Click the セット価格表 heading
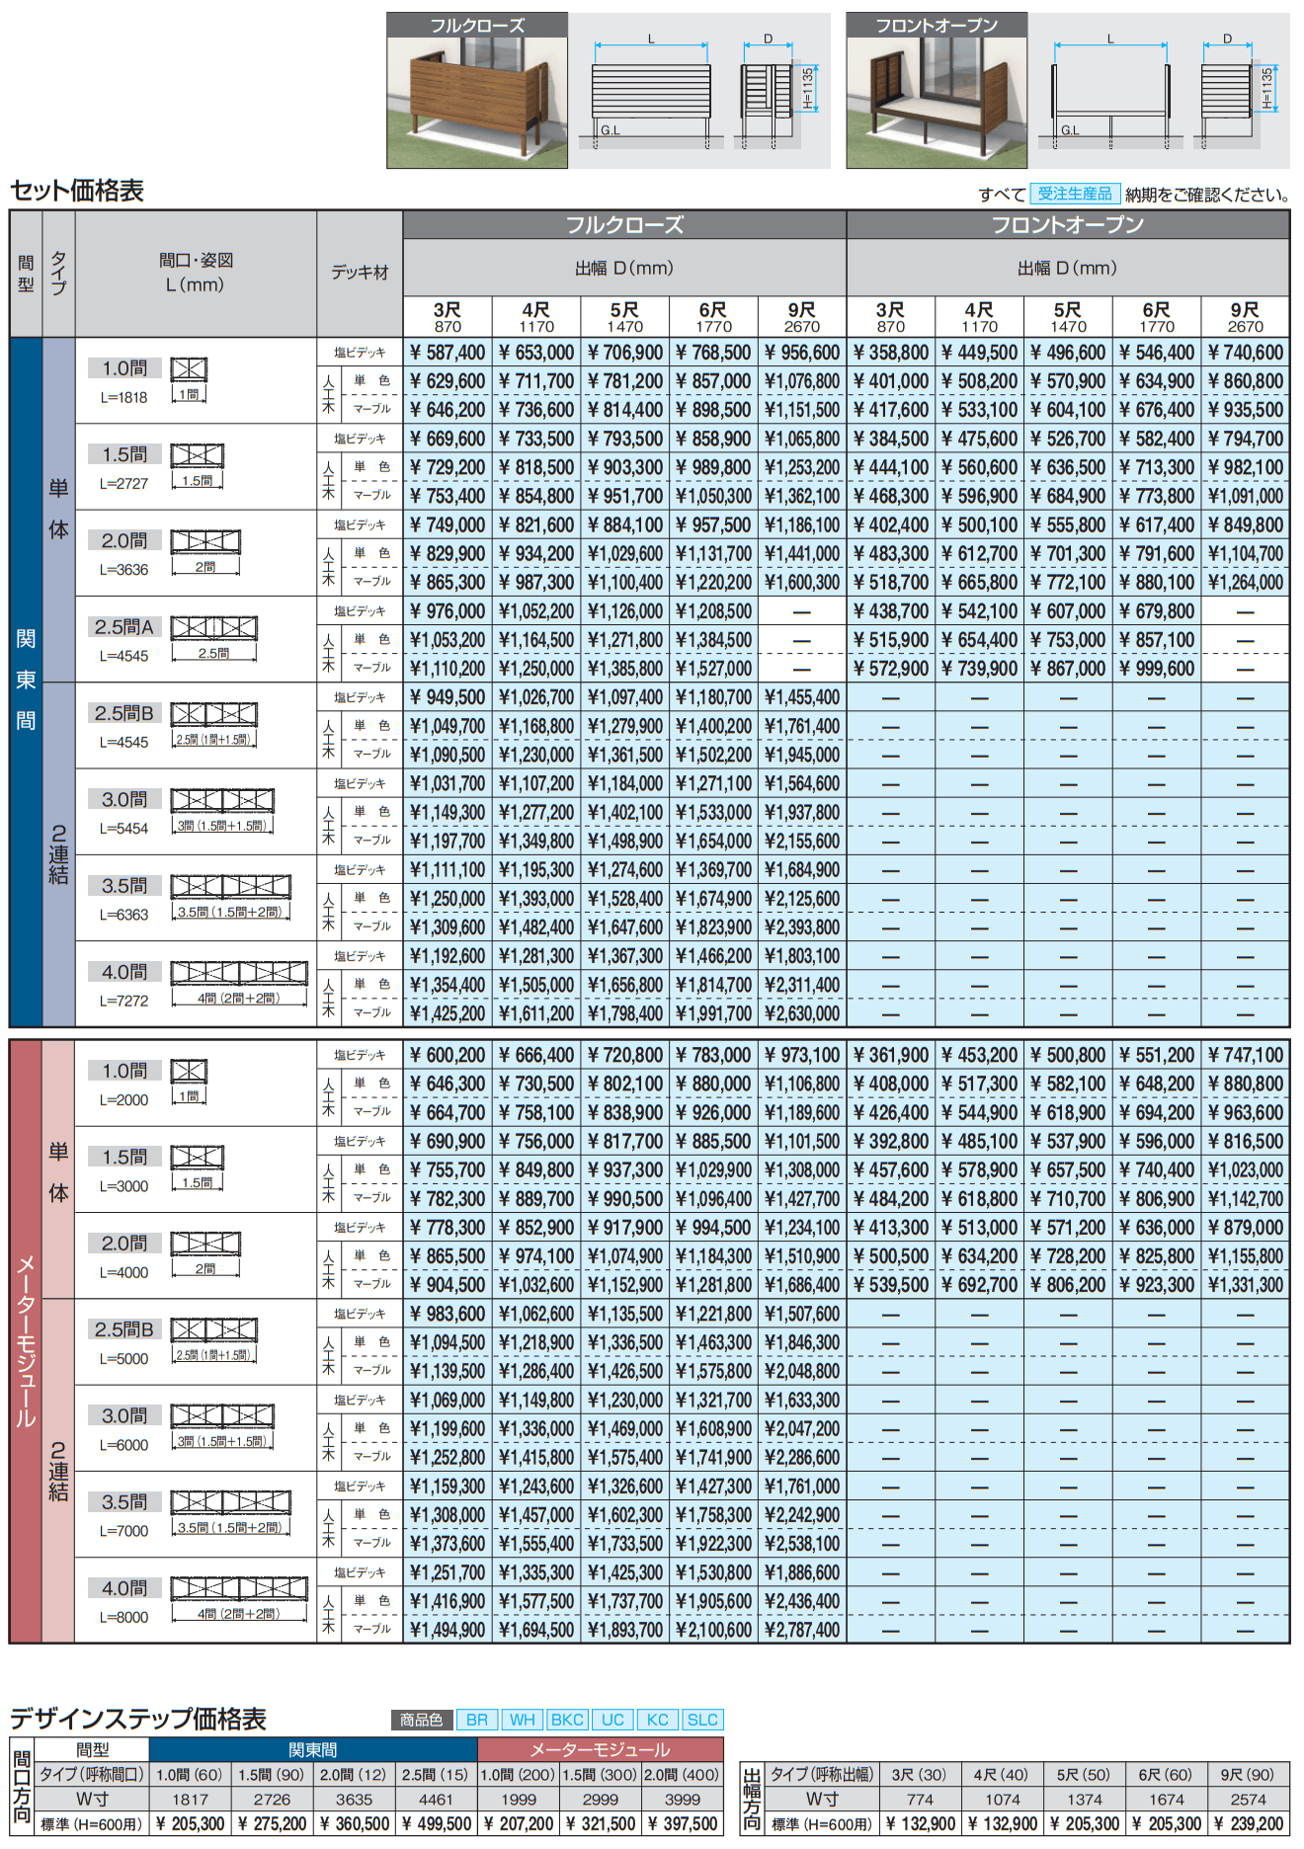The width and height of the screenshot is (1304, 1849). click(x=77, y=191)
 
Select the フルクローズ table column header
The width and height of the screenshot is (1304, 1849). click(x=624, y=225)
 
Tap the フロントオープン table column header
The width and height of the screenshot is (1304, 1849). click(x=1067, y=225)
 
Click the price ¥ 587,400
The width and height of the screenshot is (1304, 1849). click(x=447, y=353)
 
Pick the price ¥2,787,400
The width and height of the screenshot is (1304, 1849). click(x=801, y=1629)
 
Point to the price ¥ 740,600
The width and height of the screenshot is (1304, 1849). click(x=1245, y=353)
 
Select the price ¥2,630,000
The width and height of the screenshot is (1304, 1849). click(x=801, y=1013)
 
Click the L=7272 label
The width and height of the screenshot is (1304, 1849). click(x=123, y=1001)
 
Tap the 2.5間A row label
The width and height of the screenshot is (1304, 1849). click(x=123, y=627)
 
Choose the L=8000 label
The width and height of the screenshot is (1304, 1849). click(x=123, y=1617)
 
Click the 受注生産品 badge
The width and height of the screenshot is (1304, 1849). click(x=1074, y=194)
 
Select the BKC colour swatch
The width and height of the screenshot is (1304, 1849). click(x=567, y=1720)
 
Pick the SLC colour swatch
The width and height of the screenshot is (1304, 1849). click(x=702, y=1720)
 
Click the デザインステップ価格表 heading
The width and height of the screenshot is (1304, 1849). click(x=138, y=1719)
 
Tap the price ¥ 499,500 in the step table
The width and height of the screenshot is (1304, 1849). click(x=436, y=1824)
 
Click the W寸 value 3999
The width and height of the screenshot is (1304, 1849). click(x=683, y=1800)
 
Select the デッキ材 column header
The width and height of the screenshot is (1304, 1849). click(x=360, y=273)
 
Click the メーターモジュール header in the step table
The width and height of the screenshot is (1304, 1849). click(x=600, y=1749)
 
